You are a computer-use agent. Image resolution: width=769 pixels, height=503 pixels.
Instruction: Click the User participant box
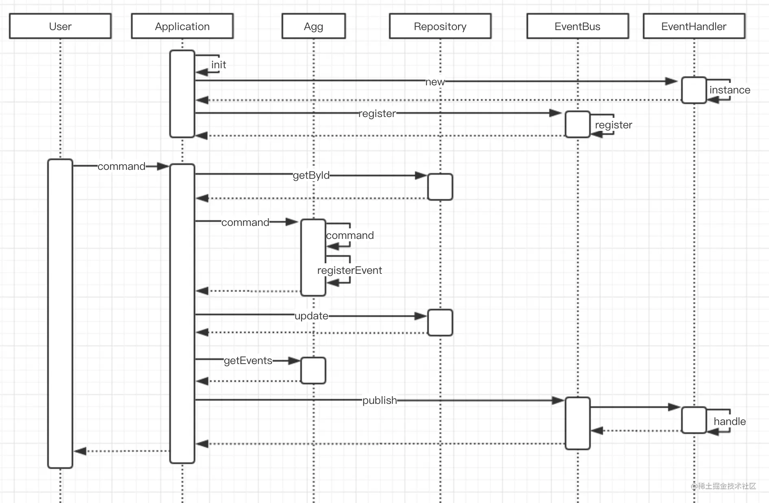point(60,26)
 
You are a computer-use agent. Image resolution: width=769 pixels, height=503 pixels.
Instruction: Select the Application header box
point(182,26)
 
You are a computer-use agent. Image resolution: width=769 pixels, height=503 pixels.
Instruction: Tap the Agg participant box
point(314,26)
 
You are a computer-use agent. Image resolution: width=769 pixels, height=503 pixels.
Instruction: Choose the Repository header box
point(440,26)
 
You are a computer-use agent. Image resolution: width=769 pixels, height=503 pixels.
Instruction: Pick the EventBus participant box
point(578,26)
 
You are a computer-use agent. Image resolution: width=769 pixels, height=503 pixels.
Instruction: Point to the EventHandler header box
point(694,26)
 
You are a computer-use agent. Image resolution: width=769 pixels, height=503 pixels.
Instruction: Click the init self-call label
point(218,65)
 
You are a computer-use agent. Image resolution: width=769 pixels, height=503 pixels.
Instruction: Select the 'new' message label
point(435,82)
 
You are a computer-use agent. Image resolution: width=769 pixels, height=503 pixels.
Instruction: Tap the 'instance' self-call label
point(730,90)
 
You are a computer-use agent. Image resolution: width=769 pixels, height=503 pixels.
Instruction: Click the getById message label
point(311,175)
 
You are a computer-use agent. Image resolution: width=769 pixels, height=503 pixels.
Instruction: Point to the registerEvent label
point(350,270)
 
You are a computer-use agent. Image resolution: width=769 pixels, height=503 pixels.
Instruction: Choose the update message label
point(311,316)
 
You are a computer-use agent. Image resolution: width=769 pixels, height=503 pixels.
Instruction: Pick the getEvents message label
point(248,360)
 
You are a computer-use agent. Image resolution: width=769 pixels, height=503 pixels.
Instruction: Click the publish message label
point(380,400)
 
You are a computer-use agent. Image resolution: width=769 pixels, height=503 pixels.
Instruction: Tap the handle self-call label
point(730,421)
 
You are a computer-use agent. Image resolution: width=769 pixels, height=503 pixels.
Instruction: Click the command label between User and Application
point(121,166)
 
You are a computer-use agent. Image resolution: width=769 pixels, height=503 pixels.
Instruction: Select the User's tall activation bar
point(60,313)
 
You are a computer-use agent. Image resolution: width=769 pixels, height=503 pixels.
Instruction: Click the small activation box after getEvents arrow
point(313,371)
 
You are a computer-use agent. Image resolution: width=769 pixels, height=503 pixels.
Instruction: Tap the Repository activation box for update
point(440,323)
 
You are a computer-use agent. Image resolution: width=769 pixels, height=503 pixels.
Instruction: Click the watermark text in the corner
point(723,486)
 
